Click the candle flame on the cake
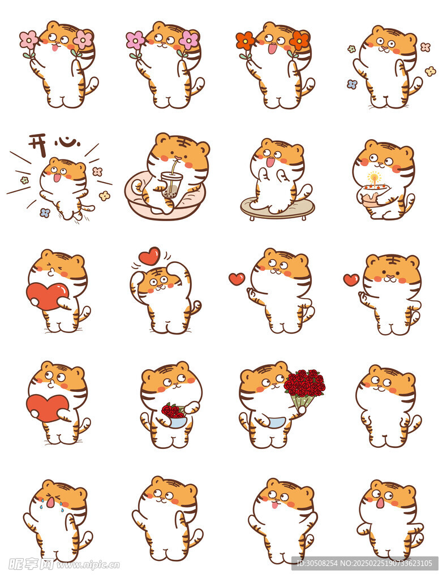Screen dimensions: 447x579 [x=375, y=177]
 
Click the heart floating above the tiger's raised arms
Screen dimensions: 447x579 [x=149, y=256]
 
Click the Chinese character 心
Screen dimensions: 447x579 [x=67, y=141]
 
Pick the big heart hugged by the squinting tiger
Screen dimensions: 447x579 [x=48, y=295]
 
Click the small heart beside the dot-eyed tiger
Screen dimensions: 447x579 [x=351, y=279]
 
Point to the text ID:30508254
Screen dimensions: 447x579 [x=317, y=564]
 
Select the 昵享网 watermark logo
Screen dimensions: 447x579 [x=31, y=564]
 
